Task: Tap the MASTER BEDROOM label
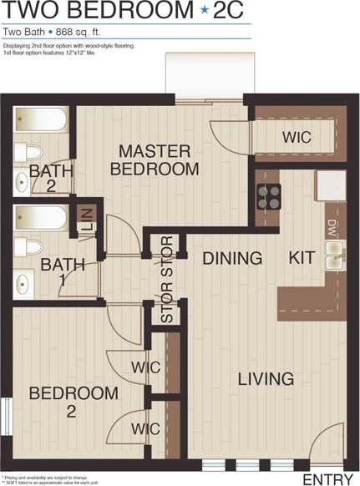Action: [x=155, y=159]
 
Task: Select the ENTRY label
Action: [x=328, y=478]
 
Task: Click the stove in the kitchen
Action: [x=268, y=196]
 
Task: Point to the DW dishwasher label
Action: [x=332, y=227]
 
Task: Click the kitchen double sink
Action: [x=335, y=254]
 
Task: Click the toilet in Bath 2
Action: [x=31, y=153]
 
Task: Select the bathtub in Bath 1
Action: [x=40, y=220]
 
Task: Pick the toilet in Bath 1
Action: [x=31, y=247]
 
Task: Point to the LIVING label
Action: [x=266, y=378]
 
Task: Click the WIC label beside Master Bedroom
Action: [x=297, y=136]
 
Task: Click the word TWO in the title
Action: [x=34, y=11]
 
